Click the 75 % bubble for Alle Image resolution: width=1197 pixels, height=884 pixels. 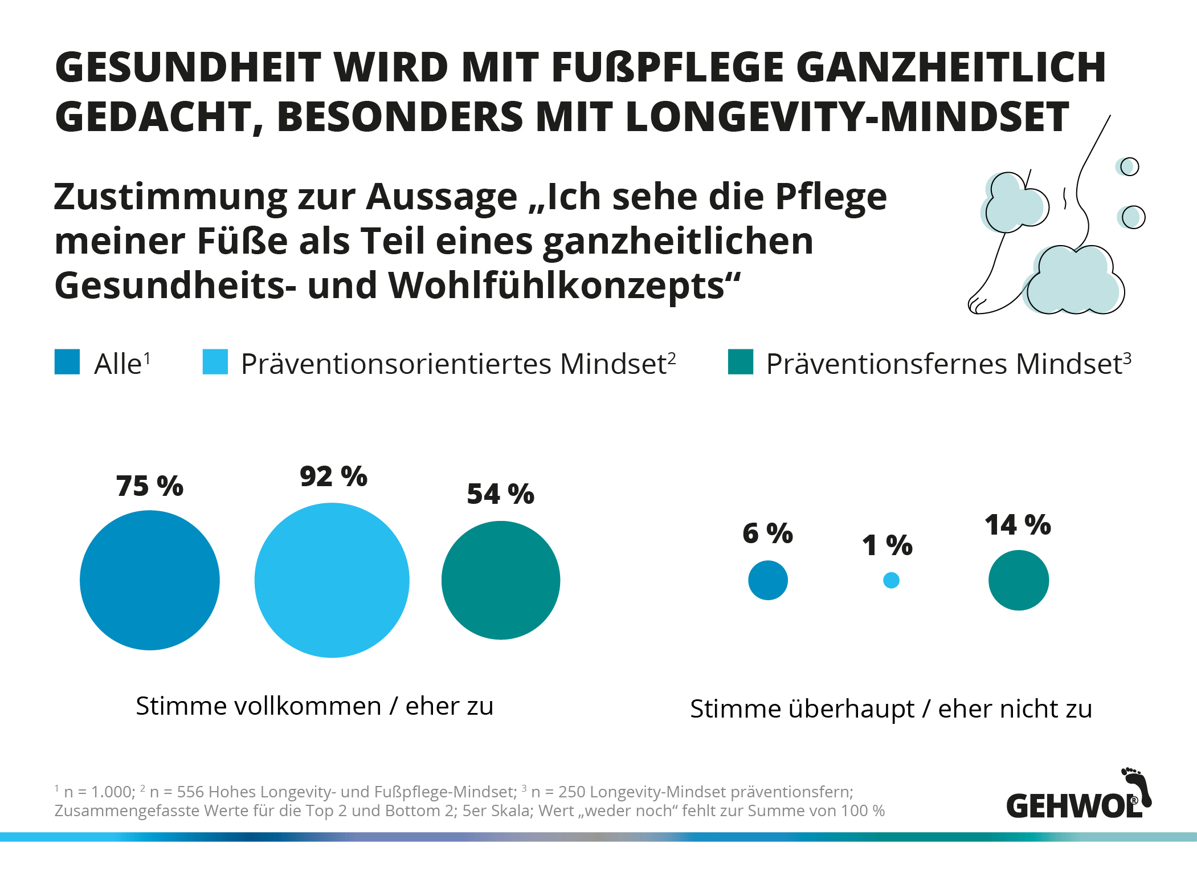pyautogui.click(x=150, y=580)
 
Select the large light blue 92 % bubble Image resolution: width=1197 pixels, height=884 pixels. pyautogui.click(x=332, y=580)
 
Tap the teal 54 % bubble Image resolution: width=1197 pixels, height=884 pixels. pyautogui.click(x=501, y=580)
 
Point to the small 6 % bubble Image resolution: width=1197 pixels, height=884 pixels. pyautogui.click(x=768, y=580)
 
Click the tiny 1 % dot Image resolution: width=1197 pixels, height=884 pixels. pyautogui.click(x=891, y=580)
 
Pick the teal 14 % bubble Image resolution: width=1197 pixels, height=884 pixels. pyautogui.click(x=1019, y=580)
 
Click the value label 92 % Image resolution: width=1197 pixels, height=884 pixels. pyautogui.click(x=334, y=476)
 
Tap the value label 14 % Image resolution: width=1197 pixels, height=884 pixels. pyautogui.click(x=1018, y=525)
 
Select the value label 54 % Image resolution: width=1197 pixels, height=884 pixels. pyautogui.click(x=501, y=494)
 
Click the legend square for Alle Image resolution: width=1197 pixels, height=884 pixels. pyautogui.click(x=67, y=362)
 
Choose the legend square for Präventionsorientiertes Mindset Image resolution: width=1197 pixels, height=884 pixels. pyautogui.click(x=215, y=362)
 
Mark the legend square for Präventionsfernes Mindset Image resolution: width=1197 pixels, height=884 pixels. pyautogui.click(x=741, y=362)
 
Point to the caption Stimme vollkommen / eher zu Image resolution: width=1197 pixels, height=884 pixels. pyautogui.click(x=314, y=706)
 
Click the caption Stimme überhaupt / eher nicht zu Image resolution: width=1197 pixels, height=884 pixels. pyautogui.click(x=891, y=709)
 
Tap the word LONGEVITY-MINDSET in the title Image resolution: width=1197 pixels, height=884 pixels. pyautogui.click(x=847, y=117)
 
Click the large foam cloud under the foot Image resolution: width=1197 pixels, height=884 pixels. pyautogui.click(x=1073, y=280)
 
